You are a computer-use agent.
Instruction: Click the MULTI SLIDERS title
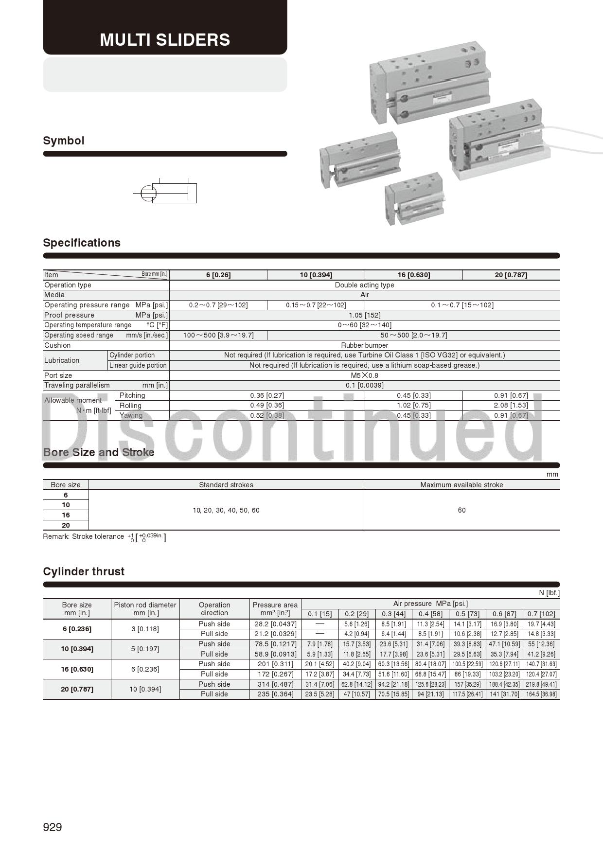[165, 39]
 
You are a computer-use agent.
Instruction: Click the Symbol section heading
[64, 141]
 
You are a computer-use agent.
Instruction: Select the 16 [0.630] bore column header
[413, 275]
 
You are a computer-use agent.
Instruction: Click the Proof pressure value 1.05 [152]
[365, 315]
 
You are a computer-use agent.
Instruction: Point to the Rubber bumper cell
[365, 345]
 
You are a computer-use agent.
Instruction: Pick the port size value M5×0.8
[365, 375]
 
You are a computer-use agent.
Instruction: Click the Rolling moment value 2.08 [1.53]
[511, 405]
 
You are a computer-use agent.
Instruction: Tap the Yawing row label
[131, 415]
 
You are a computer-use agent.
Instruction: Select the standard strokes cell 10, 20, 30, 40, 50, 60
[226, 510]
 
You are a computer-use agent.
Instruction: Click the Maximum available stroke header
[461, 485]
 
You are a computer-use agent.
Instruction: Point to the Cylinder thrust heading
[84, 571]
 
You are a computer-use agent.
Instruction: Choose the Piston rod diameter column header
[145, 609]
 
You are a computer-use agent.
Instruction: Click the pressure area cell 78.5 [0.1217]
[275, 644]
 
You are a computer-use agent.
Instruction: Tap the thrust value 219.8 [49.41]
[541, 684]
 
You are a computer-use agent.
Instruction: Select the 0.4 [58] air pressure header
[430, 614]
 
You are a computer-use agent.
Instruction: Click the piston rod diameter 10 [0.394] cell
[145, 689]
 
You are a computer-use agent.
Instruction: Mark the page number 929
[53, 827]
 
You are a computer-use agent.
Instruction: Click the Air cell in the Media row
[365, 295]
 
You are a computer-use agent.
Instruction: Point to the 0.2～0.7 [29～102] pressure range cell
[218, 305]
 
